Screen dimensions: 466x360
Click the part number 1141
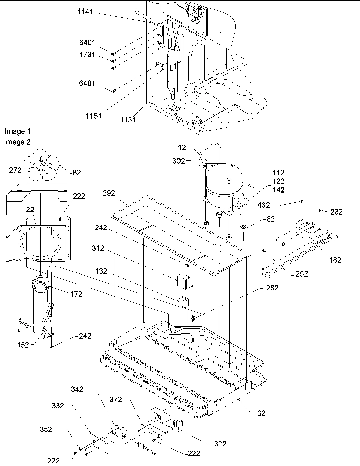(x=85, y=13)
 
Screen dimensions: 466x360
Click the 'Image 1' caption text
(x=15, y=131)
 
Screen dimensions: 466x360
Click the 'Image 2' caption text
(x=17, y=142)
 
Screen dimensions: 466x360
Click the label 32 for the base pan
(x=261, y=413)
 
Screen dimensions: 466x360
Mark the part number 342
(x=77, y=390)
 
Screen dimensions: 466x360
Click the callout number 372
(x=116, y=399)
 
